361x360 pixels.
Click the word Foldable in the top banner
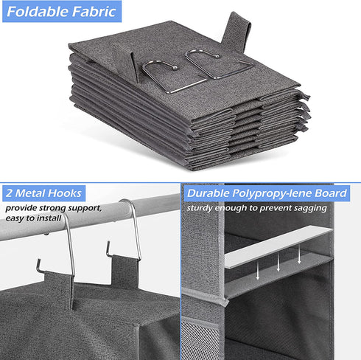(38, 11)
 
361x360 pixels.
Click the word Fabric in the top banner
(94, 11)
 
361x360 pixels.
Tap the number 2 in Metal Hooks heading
(9, 193)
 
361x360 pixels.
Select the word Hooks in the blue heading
(66, 193)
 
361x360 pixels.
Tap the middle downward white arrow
(278, 261)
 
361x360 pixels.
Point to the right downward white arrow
(299, 255)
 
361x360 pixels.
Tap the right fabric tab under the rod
(125, 271)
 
